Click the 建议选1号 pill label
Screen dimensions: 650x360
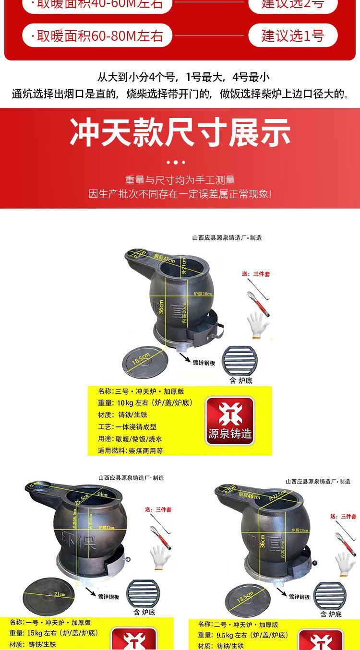[293, 35]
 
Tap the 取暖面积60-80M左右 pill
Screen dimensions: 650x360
[97, 35]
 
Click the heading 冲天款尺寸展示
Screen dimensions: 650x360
[180, 132]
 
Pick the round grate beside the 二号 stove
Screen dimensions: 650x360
[330, 595]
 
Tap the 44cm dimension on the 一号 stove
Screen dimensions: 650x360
[102, 494]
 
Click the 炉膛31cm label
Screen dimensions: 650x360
[107, 528]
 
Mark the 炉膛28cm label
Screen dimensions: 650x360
[300, 530]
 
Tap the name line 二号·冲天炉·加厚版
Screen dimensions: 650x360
[238, 625]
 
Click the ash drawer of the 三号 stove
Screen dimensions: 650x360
[203, 330]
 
